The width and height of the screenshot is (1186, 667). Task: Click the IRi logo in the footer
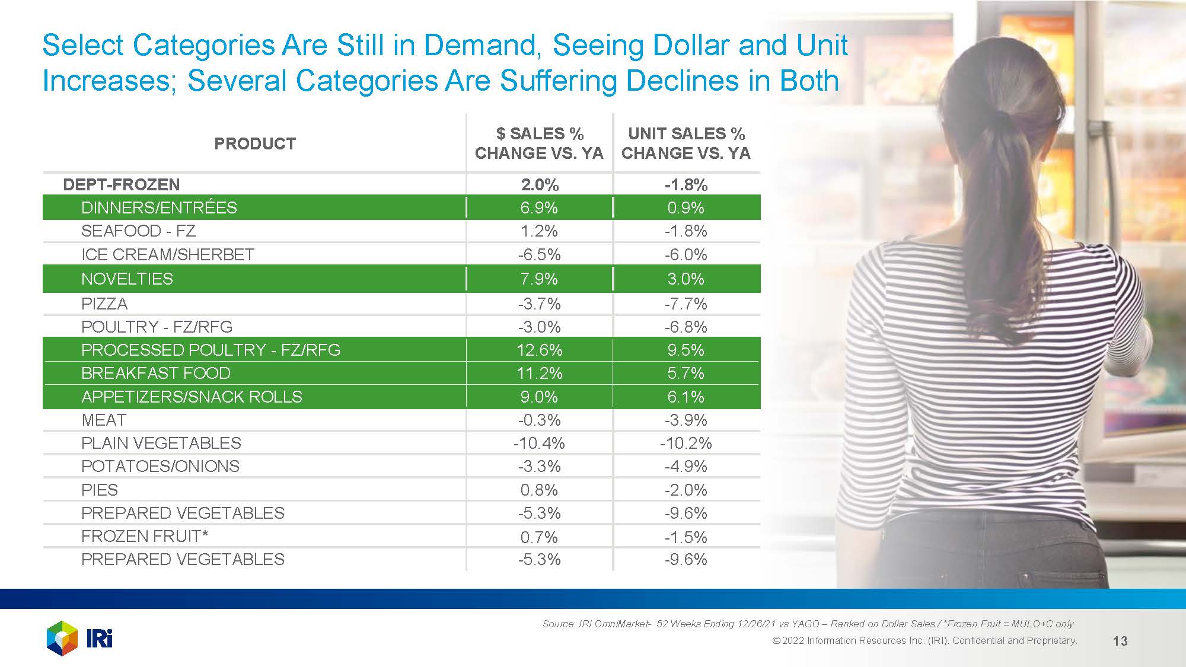click(x=79, y=639)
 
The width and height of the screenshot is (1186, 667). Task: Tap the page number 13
click(x=1120, y=641)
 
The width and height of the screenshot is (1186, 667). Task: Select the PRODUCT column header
click(x=254, y=143)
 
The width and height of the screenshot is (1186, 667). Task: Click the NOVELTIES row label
click(x=127, y=279)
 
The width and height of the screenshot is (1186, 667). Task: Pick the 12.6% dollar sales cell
click(x=539, y=350)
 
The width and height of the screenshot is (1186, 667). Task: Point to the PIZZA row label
click(x=104, y=304)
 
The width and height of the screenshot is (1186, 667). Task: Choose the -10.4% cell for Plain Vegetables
click(x=539, y=443)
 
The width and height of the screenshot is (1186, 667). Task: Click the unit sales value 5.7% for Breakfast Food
click(x=686, y=373)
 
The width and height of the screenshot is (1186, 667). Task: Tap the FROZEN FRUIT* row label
click(x=145, y=536)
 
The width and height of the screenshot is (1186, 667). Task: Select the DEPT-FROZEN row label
click(x=121, y=184)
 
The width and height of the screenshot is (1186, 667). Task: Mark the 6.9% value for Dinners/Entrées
click(x=539, y=208)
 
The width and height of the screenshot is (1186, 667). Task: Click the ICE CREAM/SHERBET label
click(x=168, y=254)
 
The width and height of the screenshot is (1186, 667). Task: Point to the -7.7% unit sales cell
click(x=686, y=304)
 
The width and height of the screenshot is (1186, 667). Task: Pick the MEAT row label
click(x=104, y=420)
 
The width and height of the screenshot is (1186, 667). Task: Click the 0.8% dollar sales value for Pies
click(x=539, y=490)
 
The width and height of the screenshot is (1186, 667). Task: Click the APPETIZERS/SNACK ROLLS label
click(x=192, y=397)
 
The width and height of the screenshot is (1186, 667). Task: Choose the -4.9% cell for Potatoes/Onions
click(x=686, y=466)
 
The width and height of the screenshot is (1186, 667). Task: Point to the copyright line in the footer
click(x=924, y=640)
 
